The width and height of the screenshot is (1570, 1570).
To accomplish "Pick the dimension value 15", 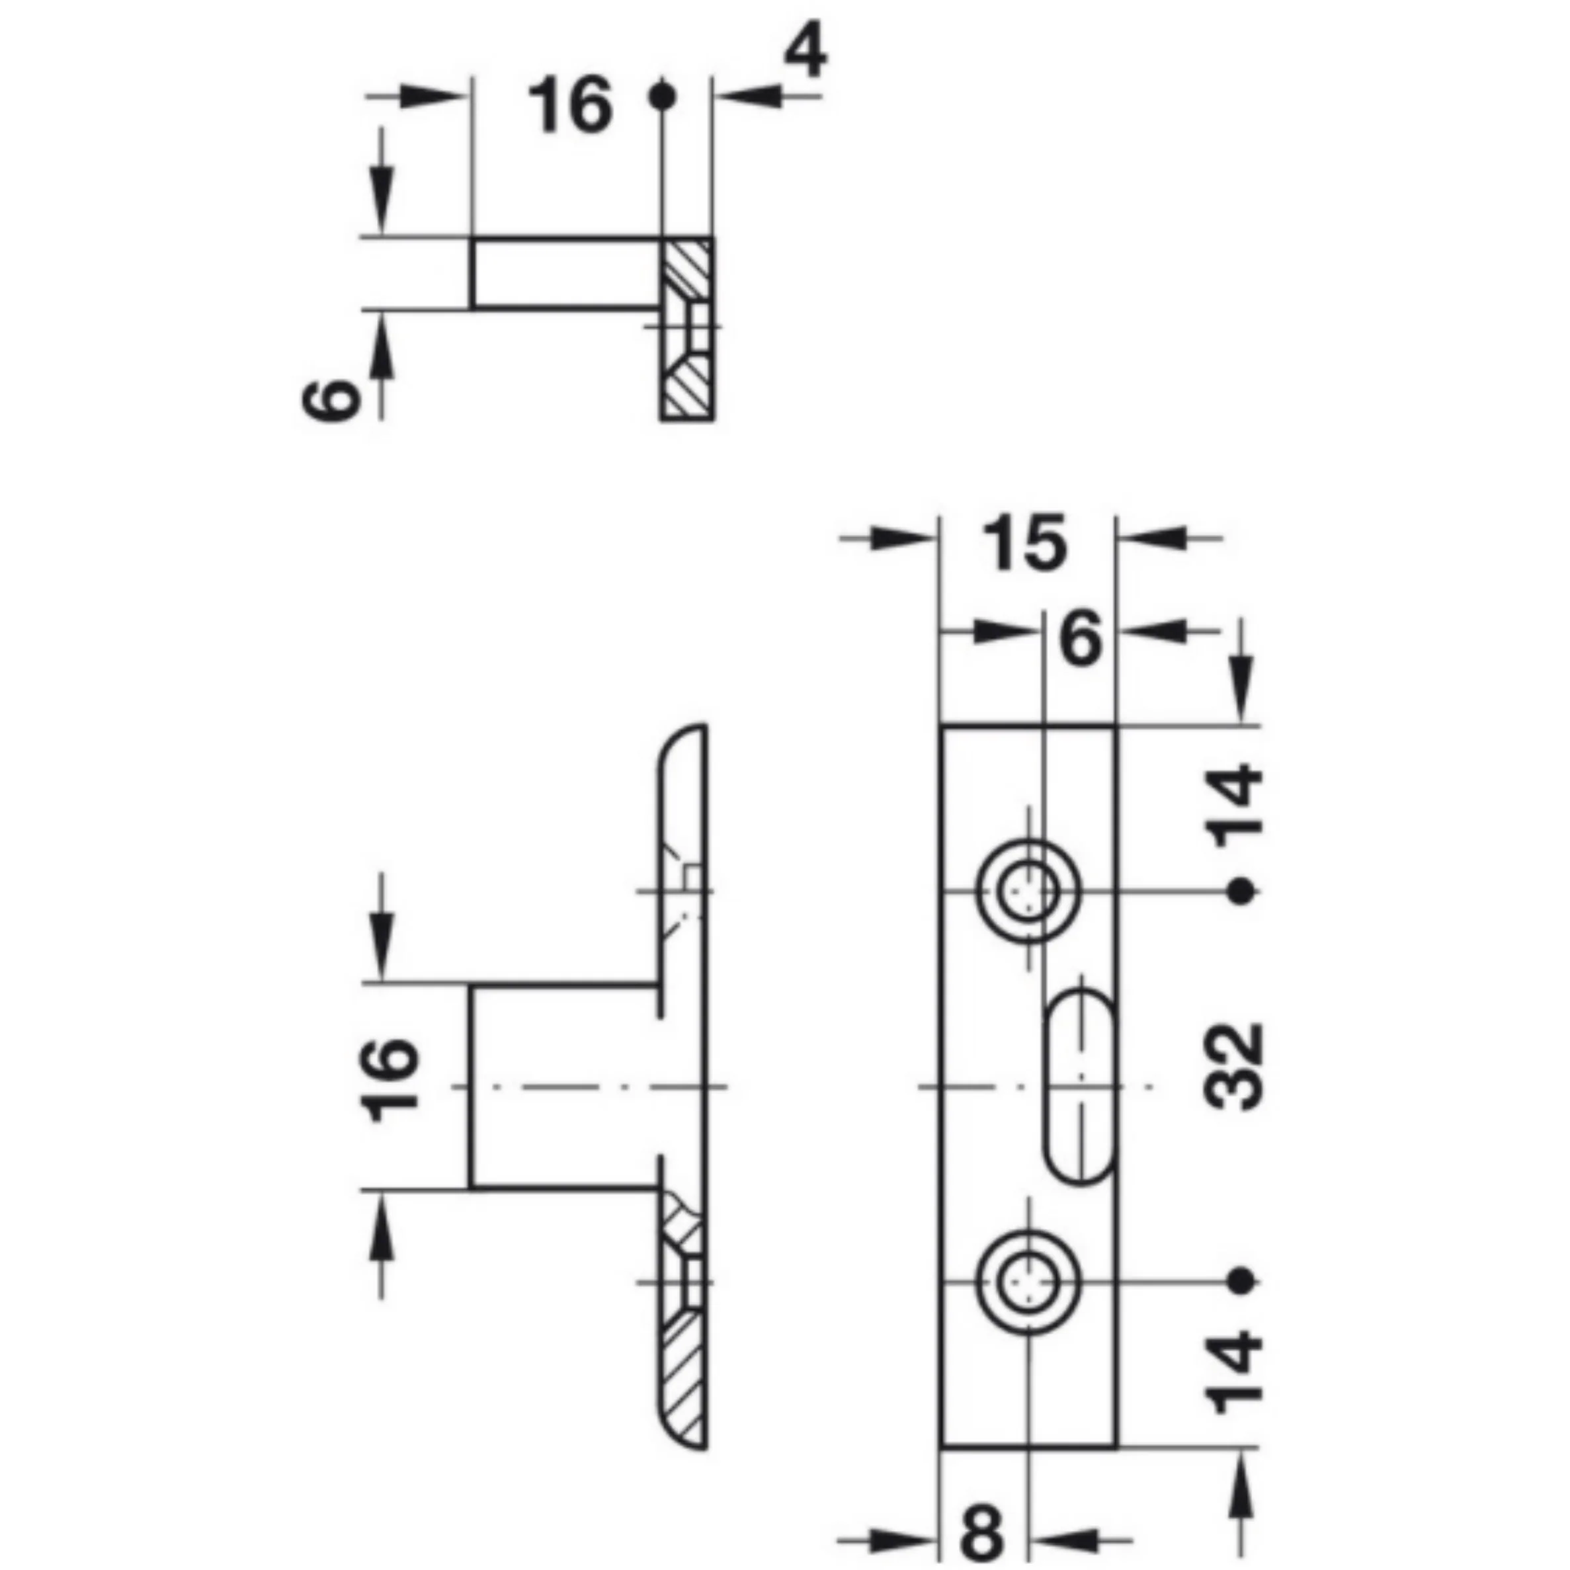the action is [x=1024, y=543].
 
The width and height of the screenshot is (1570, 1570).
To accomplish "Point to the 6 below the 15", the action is [x=1082, y=640].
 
